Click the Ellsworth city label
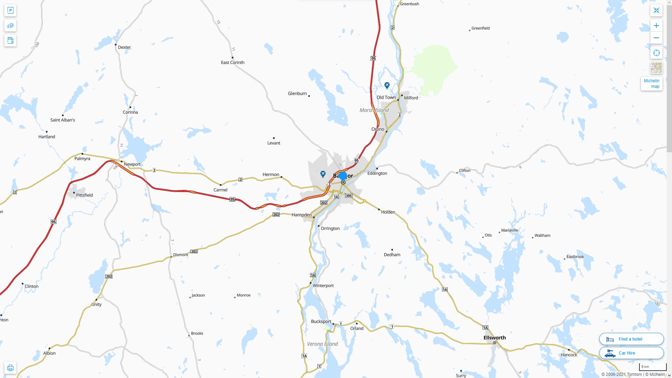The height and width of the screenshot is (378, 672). coord(495,338)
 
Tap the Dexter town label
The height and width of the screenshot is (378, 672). coord(124,47)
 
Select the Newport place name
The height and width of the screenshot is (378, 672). coord(132,164)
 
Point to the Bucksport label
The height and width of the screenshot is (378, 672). coord(321,321)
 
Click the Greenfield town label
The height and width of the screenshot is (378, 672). coord(480,28)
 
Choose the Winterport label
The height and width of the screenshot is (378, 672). coord(323,286)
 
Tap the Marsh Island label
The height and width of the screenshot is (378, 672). coord(374,110)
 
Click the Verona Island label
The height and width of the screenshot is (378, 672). coord(322,344)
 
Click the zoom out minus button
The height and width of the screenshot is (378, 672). coord(656,38)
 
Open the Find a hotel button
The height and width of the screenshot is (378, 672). coord(631,339)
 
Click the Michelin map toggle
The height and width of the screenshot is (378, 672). coord(651,84)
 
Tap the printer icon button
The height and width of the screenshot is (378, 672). coord(10,367)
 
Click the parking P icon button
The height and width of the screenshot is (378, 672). coord(10,10)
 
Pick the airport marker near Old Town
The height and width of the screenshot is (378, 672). coord(387,85)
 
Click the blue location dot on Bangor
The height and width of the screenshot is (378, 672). coord(343,176)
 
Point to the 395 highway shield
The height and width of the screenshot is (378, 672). coord(349,196)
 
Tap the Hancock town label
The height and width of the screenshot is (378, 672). coord(569,355)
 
